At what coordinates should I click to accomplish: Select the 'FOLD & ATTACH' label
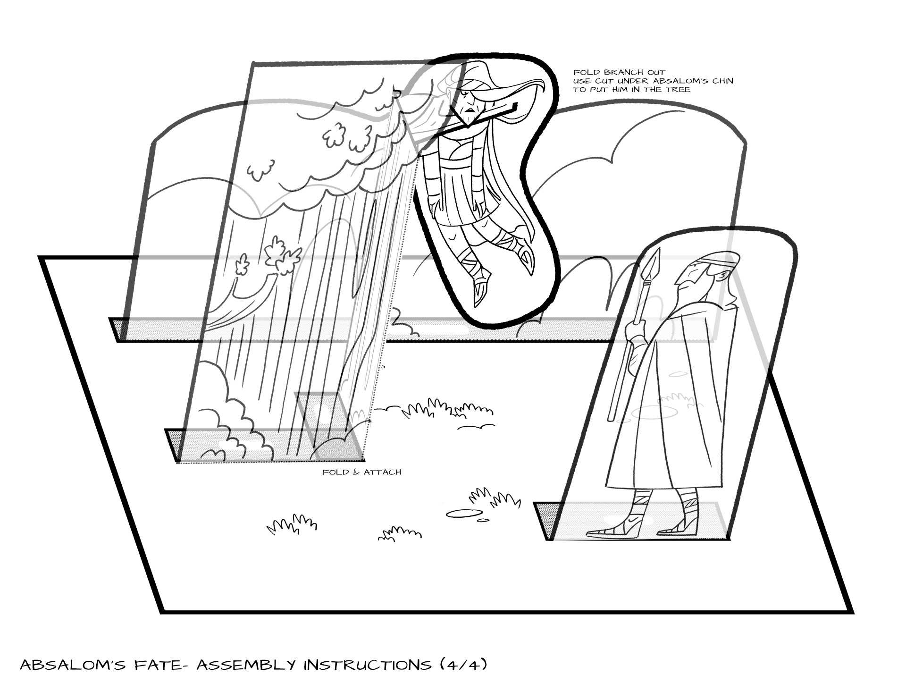coord(362,472)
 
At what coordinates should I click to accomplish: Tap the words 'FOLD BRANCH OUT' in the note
coord(619,72)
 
